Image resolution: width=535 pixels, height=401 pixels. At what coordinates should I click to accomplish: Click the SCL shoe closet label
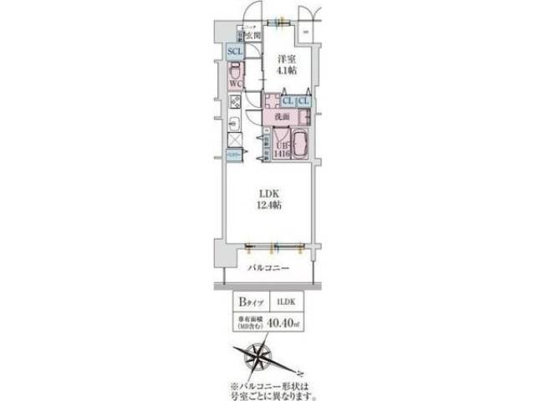click(x=235, y=51)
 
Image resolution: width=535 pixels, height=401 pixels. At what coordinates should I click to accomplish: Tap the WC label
click(x=235, y=84)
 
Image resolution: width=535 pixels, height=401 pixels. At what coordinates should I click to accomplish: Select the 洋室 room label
click(x=287, y=59)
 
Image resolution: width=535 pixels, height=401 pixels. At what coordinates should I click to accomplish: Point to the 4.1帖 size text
click(x=287, y=71)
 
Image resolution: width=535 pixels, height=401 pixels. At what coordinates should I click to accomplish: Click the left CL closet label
click(x=287, y=102)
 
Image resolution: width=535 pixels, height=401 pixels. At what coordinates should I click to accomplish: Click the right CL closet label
click(x=303, y=102)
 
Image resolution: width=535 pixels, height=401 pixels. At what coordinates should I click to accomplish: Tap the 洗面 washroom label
click(x=284, y=117)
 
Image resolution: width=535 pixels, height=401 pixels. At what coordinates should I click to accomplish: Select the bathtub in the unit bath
click(x=302, y=144)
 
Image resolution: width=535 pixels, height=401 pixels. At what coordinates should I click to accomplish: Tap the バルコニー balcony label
click(x=268, y=269)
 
